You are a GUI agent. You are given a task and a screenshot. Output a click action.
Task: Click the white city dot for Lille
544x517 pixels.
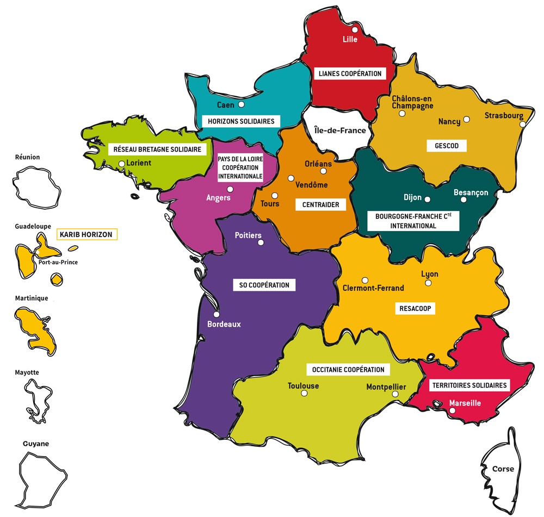(355, 30)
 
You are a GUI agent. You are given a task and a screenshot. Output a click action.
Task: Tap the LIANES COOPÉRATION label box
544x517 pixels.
(350, 73)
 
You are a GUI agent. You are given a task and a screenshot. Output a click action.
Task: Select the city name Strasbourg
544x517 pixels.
(504, 115)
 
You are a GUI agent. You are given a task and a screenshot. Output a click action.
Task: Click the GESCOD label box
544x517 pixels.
(447, 146)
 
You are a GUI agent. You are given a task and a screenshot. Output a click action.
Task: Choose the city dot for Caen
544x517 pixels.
(242, 104)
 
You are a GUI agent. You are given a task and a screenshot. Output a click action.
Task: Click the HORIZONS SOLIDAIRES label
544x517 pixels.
(238, 121)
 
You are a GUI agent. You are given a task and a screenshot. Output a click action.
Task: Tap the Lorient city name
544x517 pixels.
(138, 163)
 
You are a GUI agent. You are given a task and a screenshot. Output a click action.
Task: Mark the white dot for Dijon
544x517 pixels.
(427, 200)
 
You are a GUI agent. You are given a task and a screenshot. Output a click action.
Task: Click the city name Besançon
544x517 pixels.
(471, 192)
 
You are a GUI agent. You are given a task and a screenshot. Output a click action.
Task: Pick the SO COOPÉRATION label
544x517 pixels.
(264, 285)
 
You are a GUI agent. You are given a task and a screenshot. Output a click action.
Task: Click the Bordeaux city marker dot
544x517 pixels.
(217, 314)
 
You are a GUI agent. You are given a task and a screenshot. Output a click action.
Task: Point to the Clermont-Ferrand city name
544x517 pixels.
(373, 288)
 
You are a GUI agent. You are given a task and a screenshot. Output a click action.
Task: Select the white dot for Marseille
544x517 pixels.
(452, 411)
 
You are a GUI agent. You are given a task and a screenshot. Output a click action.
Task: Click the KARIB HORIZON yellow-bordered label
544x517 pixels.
(87, 235)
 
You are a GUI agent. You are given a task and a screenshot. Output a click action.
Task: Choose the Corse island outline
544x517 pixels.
(500, 468)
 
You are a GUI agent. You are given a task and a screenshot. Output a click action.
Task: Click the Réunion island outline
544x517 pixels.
(34, 185)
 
